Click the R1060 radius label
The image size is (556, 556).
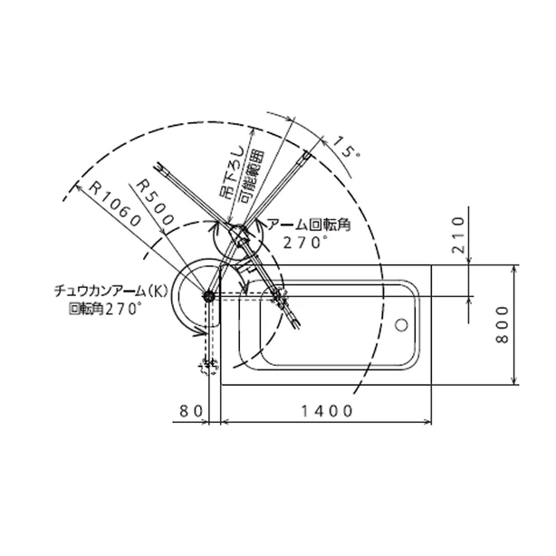(114, 204)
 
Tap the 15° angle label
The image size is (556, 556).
(347, 147)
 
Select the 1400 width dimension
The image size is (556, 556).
(327, 411)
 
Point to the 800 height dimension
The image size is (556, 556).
(502, 325)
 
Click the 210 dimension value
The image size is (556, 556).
(458, 235)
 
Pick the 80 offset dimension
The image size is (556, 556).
(191, 411)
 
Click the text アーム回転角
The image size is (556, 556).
(309, 225)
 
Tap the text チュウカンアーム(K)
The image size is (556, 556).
(110, 291)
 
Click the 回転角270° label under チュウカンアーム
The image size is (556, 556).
(105, 309)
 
